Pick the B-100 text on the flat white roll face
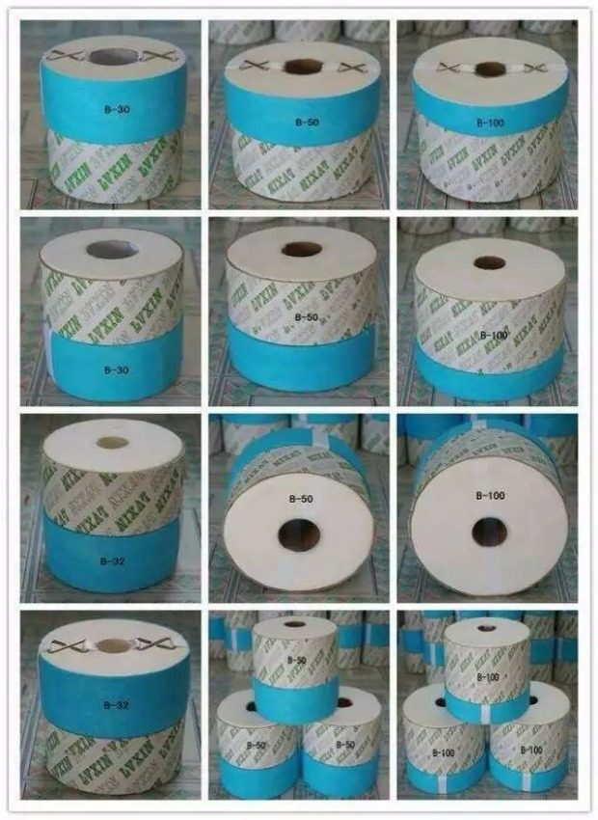pos(491,496)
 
